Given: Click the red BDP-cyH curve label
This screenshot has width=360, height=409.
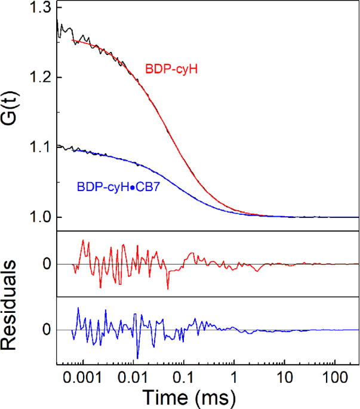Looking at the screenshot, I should coord(171,69).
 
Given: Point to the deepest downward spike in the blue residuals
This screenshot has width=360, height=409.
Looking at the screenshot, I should coord(138,358).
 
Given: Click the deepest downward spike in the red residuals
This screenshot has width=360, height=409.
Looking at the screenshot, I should coord(168,289).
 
